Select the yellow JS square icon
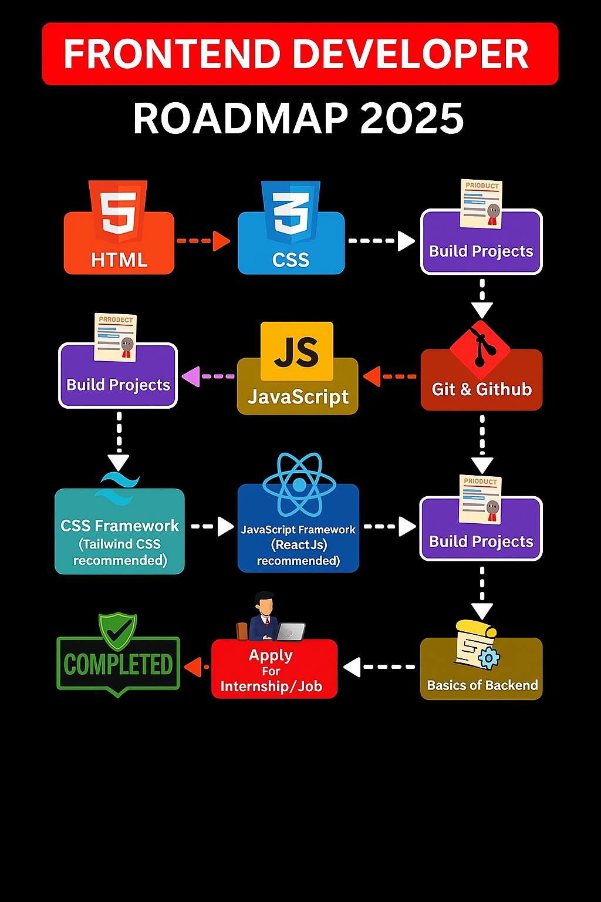296,351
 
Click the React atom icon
299,485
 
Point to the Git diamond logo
480,349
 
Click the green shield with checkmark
117,632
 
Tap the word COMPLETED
118,664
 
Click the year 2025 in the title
412,119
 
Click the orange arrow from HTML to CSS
203,241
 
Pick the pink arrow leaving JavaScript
208,376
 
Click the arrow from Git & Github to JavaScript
389,376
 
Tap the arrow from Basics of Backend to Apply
379,667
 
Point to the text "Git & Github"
481,389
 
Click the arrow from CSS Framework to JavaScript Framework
212,526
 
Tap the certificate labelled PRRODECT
115,338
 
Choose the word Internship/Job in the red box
271,686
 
